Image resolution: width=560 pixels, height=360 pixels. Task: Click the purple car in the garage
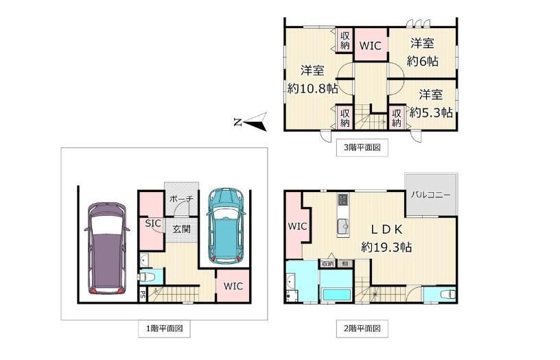pos(107,248)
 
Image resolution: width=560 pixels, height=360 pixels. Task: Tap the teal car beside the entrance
pos(226,226)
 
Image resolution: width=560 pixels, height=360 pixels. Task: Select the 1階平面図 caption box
pos(164,328)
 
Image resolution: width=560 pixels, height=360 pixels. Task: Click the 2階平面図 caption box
pos(362,328)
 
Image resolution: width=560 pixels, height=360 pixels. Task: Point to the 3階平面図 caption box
pos(362,147)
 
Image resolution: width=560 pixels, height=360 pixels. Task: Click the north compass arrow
pos(250,122)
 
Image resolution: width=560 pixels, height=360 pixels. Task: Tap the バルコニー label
pos(431,195)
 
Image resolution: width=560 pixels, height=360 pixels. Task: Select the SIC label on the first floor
pos(153,224)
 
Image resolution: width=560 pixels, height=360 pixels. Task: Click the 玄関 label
pos(182,229)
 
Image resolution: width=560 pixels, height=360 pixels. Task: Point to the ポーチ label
pos(181,199)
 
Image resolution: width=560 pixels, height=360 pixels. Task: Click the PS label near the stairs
pos(143,296)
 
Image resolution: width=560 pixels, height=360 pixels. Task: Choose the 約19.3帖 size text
pos(386,247)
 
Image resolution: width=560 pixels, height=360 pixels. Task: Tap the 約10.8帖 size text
pos(312,88)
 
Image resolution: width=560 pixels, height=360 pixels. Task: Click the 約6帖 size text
pos(423,61)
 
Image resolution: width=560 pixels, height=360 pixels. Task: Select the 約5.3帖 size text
pos(431,112)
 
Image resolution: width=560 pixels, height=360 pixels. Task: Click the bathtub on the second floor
pos(336,295)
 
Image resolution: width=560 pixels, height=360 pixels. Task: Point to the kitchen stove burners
pos(342,200)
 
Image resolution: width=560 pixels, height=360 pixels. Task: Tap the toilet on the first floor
pos(147,276)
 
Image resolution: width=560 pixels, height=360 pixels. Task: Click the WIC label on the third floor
pos(371,46)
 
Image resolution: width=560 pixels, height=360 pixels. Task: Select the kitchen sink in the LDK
pos(343,226)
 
